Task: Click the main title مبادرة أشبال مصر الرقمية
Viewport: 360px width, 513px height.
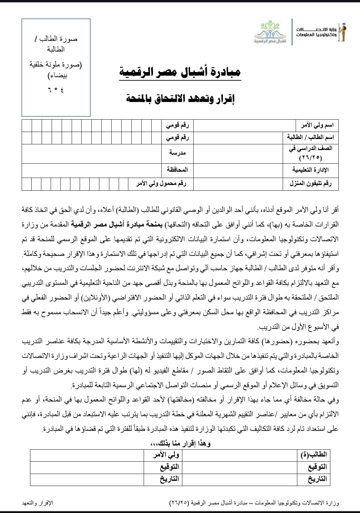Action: pos(180,72)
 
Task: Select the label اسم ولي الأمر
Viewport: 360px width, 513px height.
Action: pos(317,126)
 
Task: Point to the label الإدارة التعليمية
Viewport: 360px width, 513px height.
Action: pos(311,170)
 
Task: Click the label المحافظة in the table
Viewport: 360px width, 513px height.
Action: pos(177,170)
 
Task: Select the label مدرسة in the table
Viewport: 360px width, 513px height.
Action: pos(177,153)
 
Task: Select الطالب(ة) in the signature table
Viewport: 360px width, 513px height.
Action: pos(317,454)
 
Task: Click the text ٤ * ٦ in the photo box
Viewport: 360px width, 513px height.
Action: pos(56,90)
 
